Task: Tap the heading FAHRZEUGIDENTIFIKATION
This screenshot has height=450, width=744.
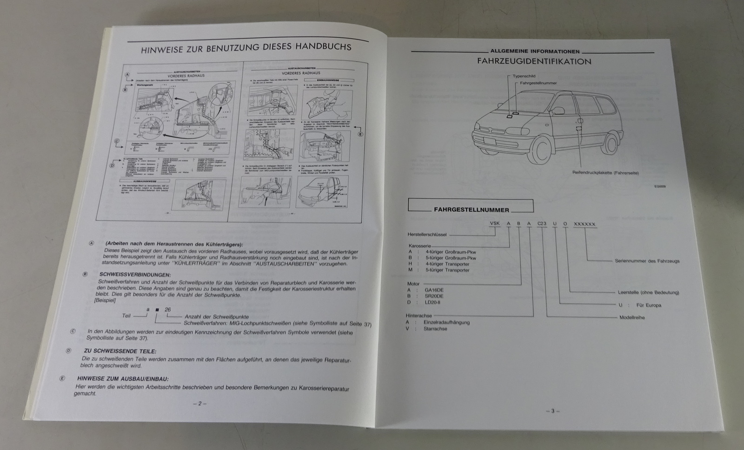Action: [534, 61]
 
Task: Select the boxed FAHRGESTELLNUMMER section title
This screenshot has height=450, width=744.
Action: [471, 209]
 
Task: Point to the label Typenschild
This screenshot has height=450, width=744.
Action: [524, 76]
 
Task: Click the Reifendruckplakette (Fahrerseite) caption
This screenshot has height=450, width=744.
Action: [605, 173]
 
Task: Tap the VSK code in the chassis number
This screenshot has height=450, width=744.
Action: [495, 224]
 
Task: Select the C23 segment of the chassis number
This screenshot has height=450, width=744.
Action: [542, 224]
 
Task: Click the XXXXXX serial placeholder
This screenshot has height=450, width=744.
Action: [584, 224]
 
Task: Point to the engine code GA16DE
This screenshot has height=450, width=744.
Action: [434, 290]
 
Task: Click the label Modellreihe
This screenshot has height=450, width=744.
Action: [632, 318]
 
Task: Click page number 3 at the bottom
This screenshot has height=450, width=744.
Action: [552, 411]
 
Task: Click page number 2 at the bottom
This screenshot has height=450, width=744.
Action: [199, 403]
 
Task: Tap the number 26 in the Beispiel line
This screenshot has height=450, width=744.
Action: [167, 310]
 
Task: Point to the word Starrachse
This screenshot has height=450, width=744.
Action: [435, 329]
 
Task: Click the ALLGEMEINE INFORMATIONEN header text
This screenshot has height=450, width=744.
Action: [535, 52]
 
